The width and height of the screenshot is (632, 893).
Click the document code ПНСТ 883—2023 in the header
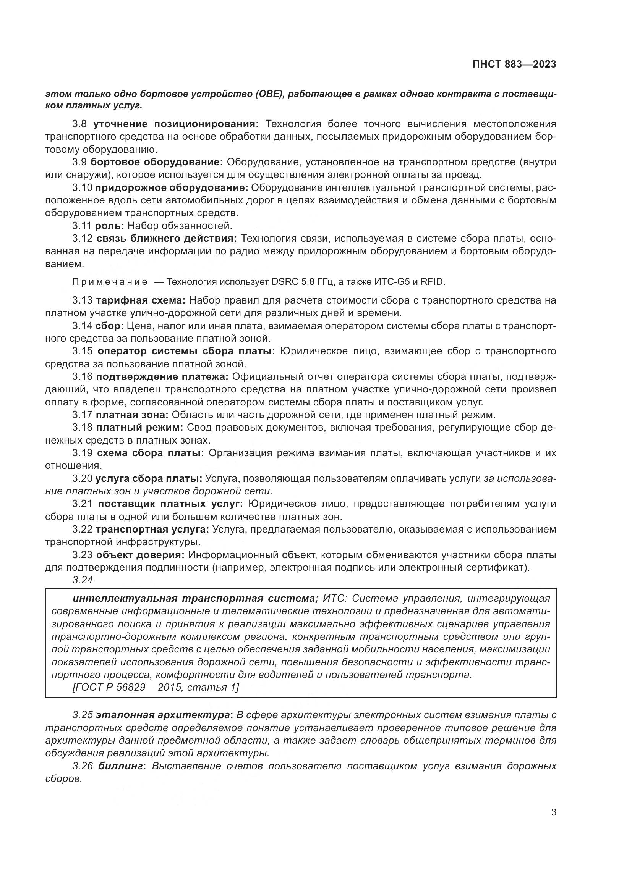click(514, 64)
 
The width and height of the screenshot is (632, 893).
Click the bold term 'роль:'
click(109, 226)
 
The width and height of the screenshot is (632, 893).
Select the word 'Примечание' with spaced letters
click(110, 282)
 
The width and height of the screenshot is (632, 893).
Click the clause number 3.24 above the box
click(83, 580)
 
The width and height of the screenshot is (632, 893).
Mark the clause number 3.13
click(83, 300)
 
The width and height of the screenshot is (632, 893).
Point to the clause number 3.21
click(83, 504)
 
